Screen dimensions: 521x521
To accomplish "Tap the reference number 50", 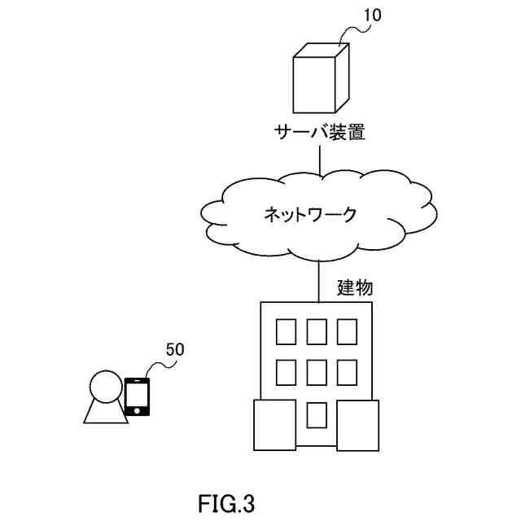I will tap(175, 350).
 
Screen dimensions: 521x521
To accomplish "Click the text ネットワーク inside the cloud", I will tap(310, 215).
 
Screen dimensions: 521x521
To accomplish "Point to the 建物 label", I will tap(356, 287).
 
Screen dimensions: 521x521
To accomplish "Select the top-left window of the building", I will tap(286, 331).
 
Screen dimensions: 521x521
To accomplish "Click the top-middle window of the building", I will tap(317, 331).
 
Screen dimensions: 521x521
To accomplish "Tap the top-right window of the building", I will tap(347, 331).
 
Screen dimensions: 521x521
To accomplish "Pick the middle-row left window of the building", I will tap(286, 372).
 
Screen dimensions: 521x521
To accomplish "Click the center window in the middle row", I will tap(317, 372).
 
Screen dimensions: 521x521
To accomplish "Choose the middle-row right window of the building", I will tap(347, 372).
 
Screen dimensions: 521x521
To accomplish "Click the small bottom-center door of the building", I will tap(317, 415).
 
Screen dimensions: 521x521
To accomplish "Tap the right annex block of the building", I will tap(358, 425).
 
